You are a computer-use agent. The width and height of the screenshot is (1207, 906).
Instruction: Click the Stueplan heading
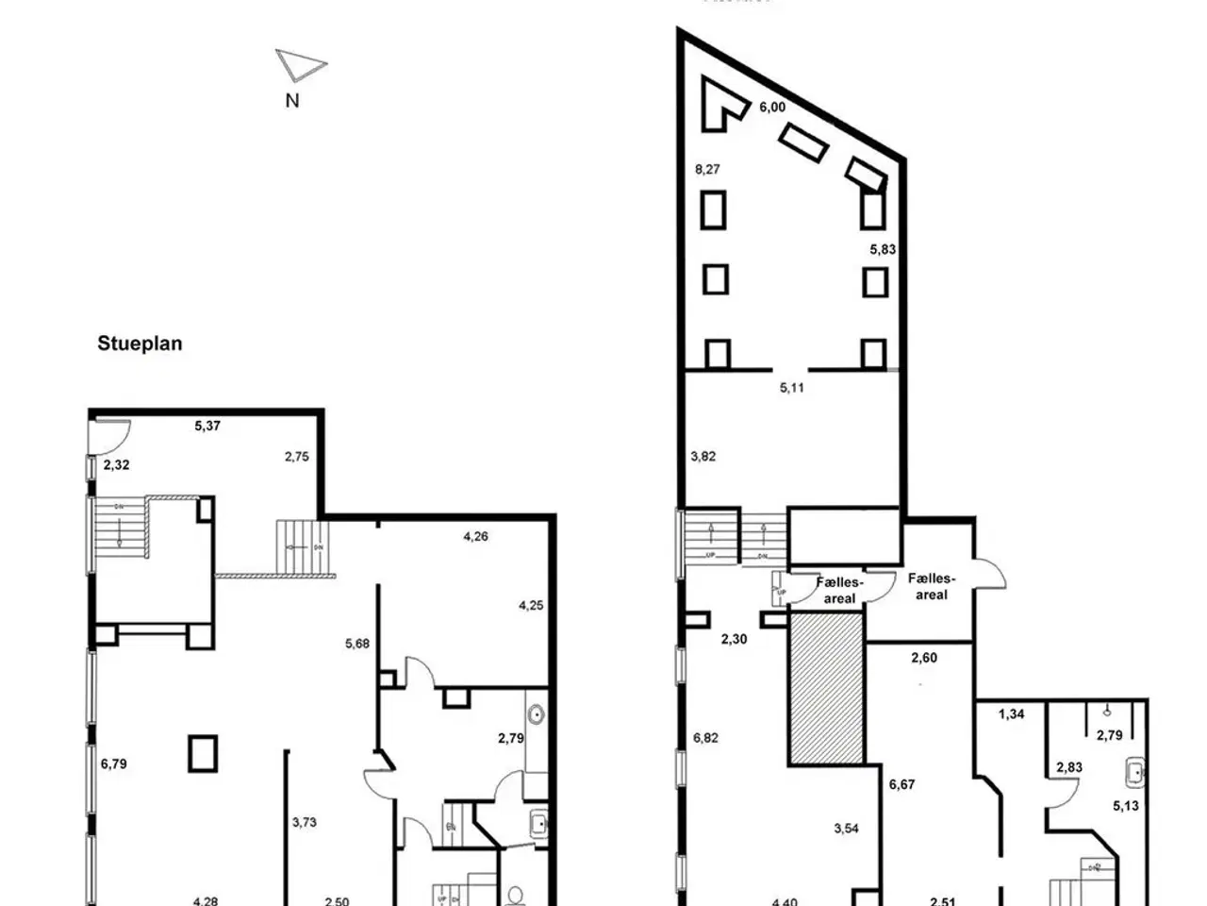pyautogui.click(x=140, y=344)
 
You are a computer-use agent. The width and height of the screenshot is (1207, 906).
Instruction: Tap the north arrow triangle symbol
pyautogui.click(x=300, y=65)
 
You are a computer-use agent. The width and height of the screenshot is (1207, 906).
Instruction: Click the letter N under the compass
pyautogui.click(x=292, y=100)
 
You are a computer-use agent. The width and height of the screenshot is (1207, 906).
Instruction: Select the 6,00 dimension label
pyautogui.click(x=771, y=108)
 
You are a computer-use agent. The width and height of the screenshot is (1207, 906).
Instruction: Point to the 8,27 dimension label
pyautogui.click(x=707, y=170)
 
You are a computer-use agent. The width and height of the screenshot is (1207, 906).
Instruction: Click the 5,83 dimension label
pyautogui.click(x=883, y=250)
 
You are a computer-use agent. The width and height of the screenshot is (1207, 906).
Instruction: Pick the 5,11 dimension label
pyautogui.click(x=792, y=387)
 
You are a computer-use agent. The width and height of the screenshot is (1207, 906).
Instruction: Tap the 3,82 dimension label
pyautogui.click(x=703, y=456)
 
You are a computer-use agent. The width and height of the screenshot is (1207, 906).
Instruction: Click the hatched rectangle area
pyautogui.click(x=827, y=687)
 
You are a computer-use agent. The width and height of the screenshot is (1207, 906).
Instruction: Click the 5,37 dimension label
pyautogui.click(x=207, y=426)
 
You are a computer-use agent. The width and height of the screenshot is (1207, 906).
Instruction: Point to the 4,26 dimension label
pyautogui.click(x=476, y=537)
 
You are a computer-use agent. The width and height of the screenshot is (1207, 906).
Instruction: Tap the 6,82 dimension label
pyautogui.click(x=705, y=738)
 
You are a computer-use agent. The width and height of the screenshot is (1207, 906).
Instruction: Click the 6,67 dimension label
pyautogui.click(x=902, y=784)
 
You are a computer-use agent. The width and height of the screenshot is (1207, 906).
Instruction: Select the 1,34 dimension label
pyautogui.click(x=1011, y=714)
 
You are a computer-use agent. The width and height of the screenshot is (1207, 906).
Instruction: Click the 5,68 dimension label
pyautogui.click(x=357, y=645)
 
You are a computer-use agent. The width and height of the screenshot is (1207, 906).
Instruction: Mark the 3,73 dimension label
pyautogui.click(x=304, y=822)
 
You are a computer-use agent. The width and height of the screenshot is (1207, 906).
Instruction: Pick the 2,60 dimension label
pyautogui.click(x=924, y=658)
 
